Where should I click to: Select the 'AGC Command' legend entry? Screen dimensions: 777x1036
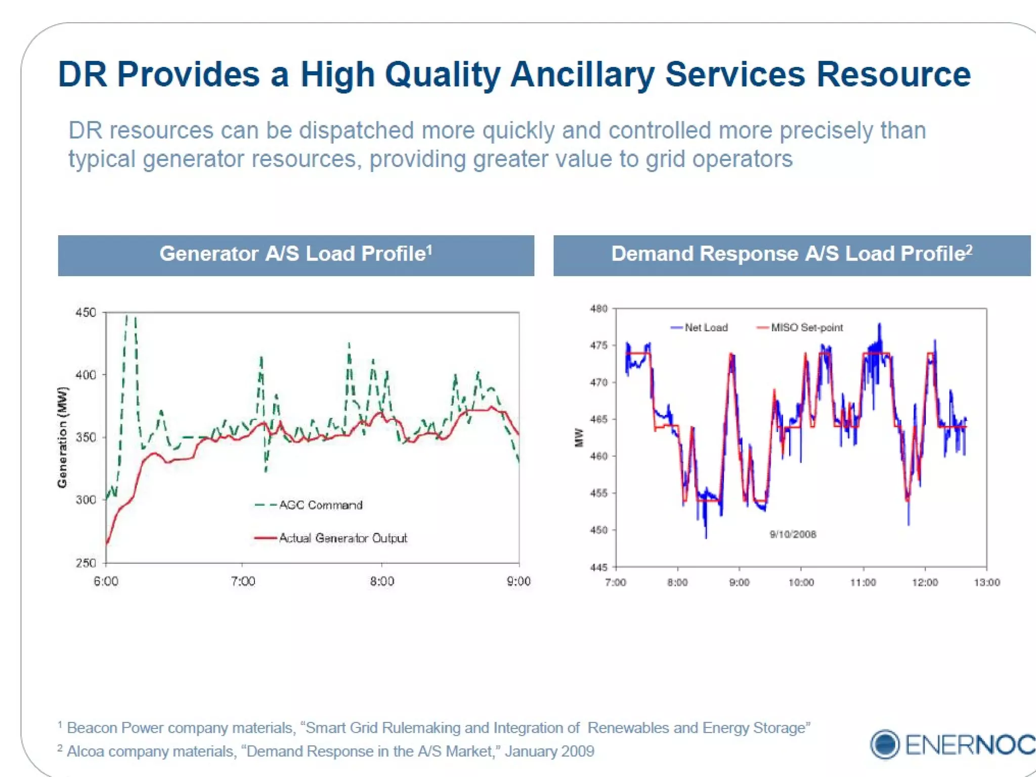(x=320, y=505)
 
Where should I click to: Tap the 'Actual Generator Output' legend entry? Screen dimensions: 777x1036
(x=342, y=538)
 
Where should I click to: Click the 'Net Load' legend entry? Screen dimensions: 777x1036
(x=705, y=328)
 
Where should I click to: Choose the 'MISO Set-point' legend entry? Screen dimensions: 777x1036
(x=806, y=328)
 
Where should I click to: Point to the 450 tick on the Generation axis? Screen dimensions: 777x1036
(x=86, y=313)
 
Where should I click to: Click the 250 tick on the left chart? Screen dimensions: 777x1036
(x=86, y=563)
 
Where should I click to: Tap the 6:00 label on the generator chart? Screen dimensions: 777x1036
(x=106, y=581)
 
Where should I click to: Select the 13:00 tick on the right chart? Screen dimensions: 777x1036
(x=986, y=582)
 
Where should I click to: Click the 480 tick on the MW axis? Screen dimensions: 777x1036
(x=598, y=309)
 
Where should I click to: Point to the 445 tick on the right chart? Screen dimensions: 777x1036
(x=598, y=567)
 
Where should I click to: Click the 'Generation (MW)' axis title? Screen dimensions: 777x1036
(x=62, y=437)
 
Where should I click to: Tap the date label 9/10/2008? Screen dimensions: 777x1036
(x=793, y=534)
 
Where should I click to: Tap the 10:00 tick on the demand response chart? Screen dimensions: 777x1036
(x=801, y=582)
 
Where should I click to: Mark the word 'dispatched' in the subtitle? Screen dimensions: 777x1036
(x=356, y=131)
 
